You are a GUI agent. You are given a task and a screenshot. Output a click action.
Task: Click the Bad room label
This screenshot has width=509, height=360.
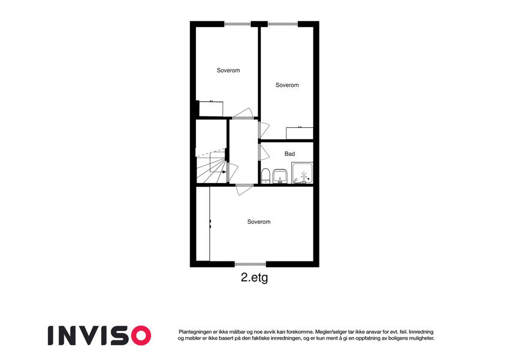pos(290,154)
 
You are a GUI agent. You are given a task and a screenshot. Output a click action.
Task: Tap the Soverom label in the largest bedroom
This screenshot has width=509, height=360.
pos(259,221)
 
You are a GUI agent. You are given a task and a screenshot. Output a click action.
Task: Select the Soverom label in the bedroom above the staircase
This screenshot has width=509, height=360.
pos(228,70)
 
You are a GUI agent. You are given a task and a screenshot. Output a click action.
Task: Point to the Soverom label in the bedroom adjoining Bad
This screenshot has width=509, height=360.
pos(287,85)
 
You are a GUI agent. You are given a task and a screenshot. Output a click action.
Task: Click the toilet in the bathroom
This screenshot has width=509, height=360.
pos(266,176)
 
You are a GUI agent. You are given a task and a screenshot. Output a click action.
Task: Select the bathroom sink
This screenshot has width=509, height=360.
pos(279,176)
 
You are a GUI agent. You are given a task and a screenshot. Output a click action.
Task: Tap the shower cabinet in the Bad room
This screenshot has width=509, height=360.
pos(302,173)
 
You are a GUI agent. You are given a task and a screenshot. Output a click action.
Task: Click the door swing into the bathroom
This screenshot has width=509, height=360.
pos(264,152)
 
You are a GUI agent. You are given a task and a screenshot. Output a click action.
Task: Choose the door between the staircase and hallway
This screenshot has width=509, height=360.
pos(232,172)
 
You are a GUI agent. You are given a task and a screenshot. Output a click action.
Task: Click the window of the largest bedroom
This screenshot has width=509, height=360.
pos(250,264)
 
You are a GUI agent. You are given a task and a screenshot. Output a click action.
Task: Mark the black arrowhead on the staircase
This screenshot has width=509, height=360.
pos(224,172)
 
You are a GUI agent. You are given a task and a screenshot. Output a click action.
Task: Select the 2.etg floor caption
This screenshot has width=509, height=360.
pos(254,278)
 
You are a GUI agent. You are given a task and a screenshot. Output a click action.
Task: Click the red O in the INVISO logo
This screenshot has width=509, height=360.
pos(139,335)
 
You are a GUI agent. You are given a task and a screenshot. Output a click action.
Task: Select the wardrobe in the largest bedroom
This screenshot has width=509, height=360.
pos(203,224)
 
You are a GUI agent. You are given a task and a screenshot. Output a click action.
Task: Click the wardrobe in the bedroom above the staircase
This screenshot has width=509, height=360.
pos(211,109)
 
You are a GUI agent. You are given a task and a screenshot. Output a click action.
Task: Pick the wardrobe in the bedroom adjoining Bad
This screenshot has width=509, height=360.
pos(300,133)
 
